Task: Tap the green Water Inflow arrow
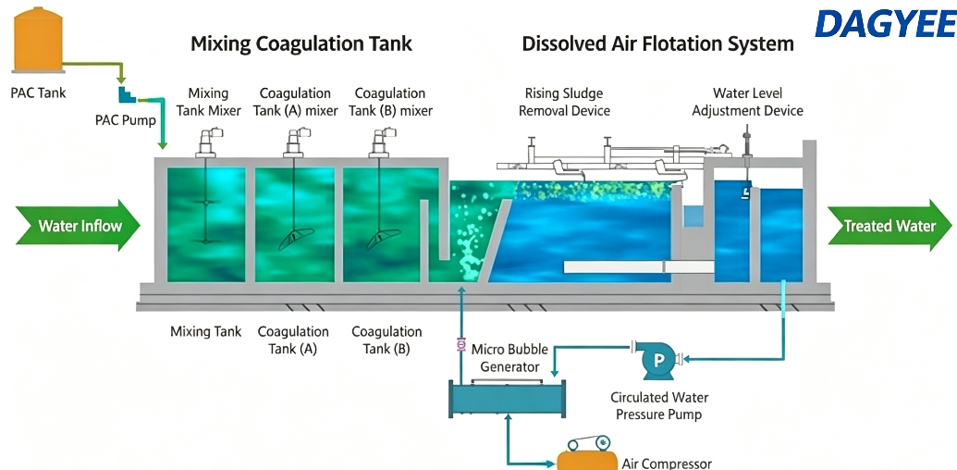[x=78, y=225]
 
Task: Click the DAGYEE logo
[x=886, y=24]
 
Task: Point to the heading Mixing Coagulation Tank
[x=301, y=44]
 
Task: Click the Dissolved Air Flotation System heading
[x=658, y=44]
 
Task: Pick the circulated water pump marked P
[x=658, y=360]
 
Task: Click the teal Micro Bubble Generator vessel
[x=508, y=399]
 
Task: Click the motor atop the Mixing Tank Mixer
[x=206, y=142]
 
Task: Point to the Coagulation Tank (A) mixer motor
[x=294, y=142]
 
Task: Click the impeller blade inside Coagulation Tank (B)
[x=383, y=239]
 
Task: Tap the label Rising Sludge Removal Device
[x=564, y=102]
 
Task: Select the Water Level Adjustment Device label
[x=748, y=102]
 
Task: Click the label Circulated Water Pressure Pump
[x=658, y=406]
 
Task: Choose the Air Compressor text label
[x=667, y=464]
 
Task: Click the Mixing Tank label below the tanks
[x=205, y=332]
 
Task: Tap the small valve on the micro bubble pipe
[x=461, y=345]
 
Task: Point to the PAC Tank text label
[x=38, y=93]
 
